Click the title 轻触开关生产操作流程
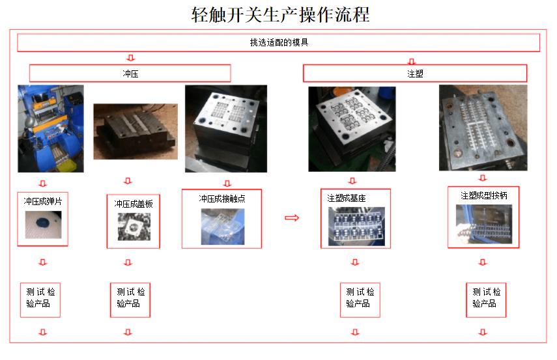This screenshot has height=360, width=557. point(279,14)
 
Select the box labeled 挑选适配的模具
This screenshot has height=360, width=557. point(278,43)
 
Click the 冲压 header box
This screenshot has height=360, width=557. point(130,73)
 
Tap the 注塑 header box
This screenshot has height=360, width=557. point(415,73)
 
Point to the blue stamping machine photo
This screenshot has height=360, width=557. point(51,128)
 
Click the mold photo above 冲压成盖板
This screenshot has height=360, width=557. point(136,132)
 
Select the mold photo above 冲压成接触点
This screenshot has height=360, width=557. point(226,128)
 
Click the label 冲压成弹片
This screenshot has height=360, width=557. point(42,201)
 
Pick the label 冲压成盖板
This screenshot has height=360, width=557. point(133,203)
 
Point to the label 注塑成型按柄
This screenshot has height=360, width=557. point(483,195)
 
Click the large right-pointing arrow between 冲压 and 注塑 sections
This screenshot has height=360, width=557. point(292,218)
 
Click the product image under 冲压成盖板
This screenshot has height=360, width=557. point(134,228)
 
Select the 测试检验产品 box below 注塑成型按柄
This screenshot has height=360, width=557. point(486,298)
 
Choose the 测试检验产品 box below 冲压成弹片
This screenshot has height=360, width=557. point(40,298)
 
